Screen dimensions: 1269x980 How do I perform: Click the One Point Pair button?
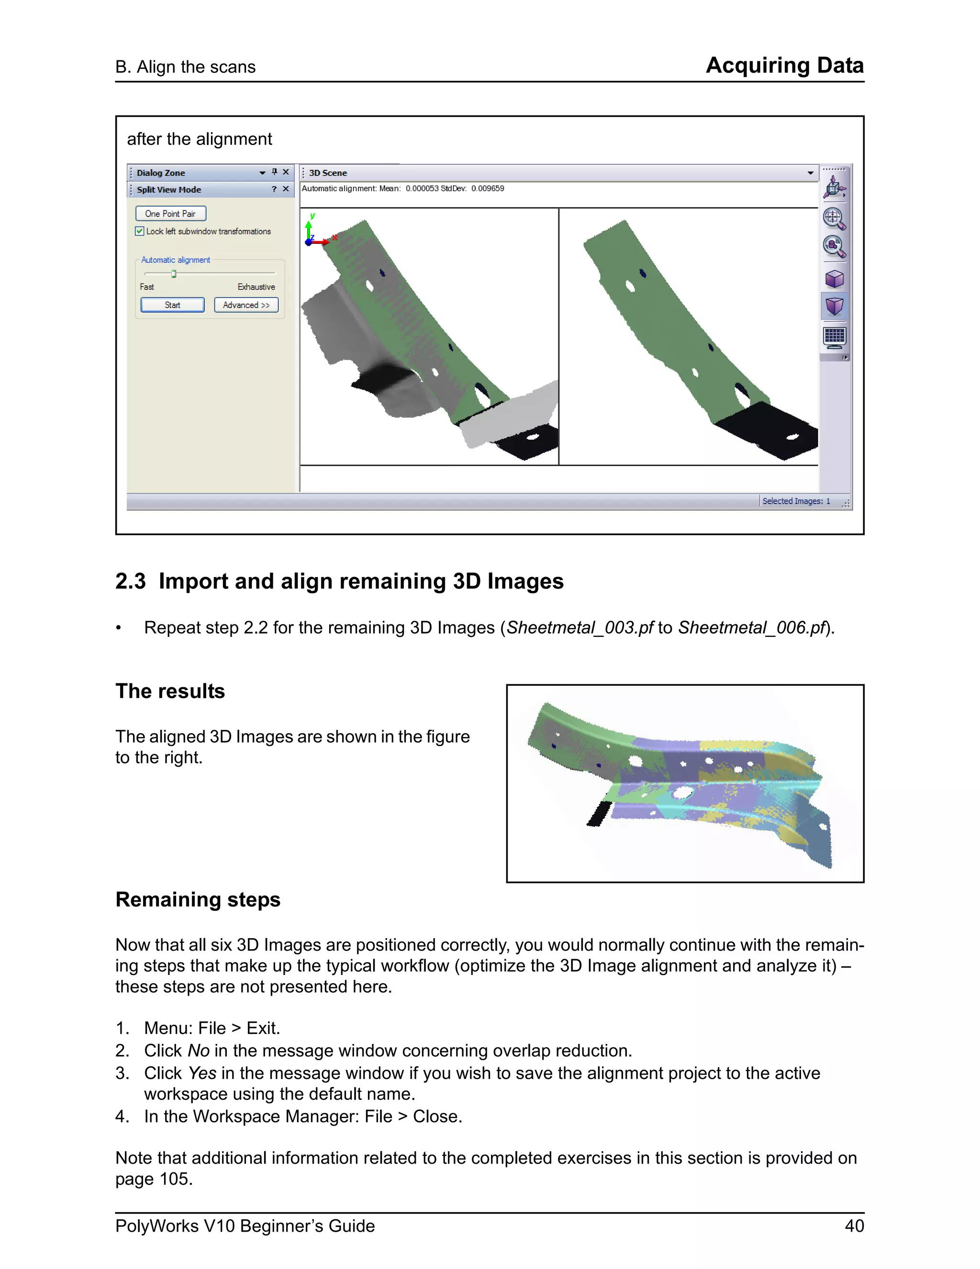pos(171,214)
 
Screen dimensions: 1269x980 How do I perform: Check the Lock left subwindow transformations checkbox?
pos(140,231)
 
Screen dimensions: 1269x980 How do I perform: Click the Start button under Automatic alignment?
pos(172,305)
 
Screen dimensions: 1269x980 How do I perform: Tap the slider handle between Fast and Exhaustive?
pos(174,273)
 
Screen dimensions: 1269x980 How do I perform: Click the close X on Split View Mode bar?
pos(286,189)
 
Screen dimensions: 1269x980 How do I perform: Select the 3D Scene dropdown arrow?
pos(811,173)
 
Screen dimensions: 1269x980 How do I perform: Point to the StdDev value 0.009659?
pos(488,189)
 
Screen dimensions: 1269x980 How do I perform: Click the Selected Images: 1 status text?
pos(796,501)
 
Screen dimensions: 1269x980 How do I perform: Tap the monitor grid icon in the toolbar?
pos(834,337)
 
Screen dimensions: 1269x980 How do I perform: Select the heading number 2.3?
pos(130,581)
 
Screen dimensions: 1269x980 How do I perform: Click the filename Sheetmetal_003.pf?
pos(580,627)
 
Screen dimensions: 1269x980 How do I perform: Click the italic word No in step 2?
pos(199,1051)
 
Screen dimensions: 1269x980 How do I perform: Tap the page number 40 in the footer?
pos(854,1226)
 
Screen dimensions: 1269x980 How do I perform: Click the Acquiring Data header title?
pos(784,65)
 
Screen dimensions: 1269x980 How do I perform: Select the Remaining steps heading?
pos(198,899)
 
